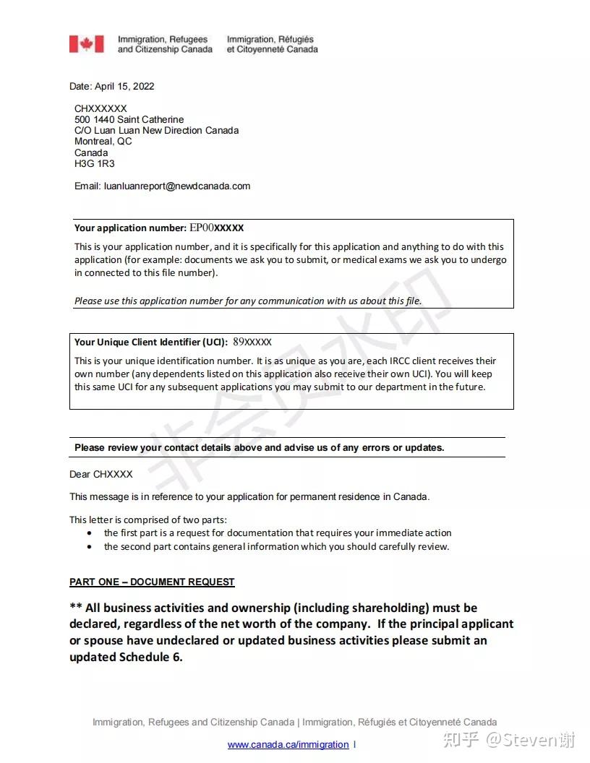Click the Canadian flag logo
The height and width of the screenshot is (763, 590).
[x=87, y=44]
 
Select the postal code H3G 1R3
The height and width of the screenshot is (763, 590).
[x=95, y=163]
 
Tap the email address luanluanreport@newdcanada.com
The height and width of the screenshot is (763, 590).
[x=177, y=186]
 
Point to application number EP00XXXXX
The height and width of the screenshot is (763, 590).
[x=217, y=228]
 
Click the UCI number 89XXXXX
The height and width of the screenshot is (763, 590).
[x=252, y=342]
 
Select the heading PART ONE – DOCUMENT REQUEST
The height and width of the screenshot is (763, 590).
[x=152, y=582]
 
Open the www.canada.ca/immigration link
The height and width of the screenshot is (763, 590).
[x=288, y=744]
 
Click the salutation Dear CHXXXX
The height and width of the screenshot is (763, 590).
[x=101, y=474]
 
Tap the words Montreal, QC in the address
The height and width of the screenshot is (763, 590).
[x=103, y=142]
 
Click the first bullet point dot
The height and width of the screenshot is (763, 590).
[x=89, y=533]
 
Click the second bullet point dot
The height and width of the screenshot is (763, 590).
[x=89, y=547]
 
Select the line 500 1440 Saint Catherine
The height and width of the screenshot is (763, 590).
[x=129, y=119]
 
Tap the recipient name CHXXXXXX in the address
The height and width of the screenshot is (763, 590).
[x=101, y=108]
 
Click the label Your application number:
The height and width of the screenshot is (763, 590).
[x=130, y=228]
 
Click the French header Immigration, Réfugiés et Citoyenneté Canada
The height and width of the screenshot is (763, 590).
[x=272, y=44]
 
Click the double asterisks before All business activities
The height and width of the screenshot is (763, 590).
[x=75, y=607]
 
